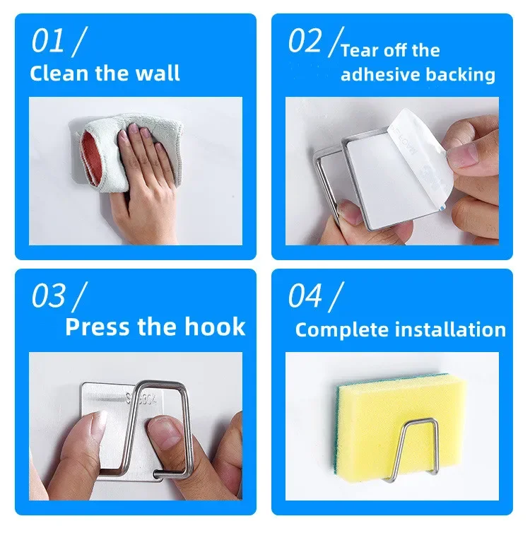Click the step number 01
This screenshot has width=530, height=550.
(47, 41)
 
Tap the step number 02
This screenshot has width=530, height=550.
(305, 41)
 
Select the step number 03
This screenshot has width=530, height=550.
(48, 296)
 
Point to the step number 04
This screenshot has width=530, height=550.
(305, 296)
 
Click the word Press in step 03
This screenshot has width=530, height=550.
(98, 327)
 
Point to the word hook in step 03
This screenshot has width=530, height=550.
(215, 327)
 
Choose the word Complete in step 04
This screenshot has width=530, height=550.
(343, 330)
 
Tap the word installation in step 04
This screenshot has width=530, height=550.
(451, 329)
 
